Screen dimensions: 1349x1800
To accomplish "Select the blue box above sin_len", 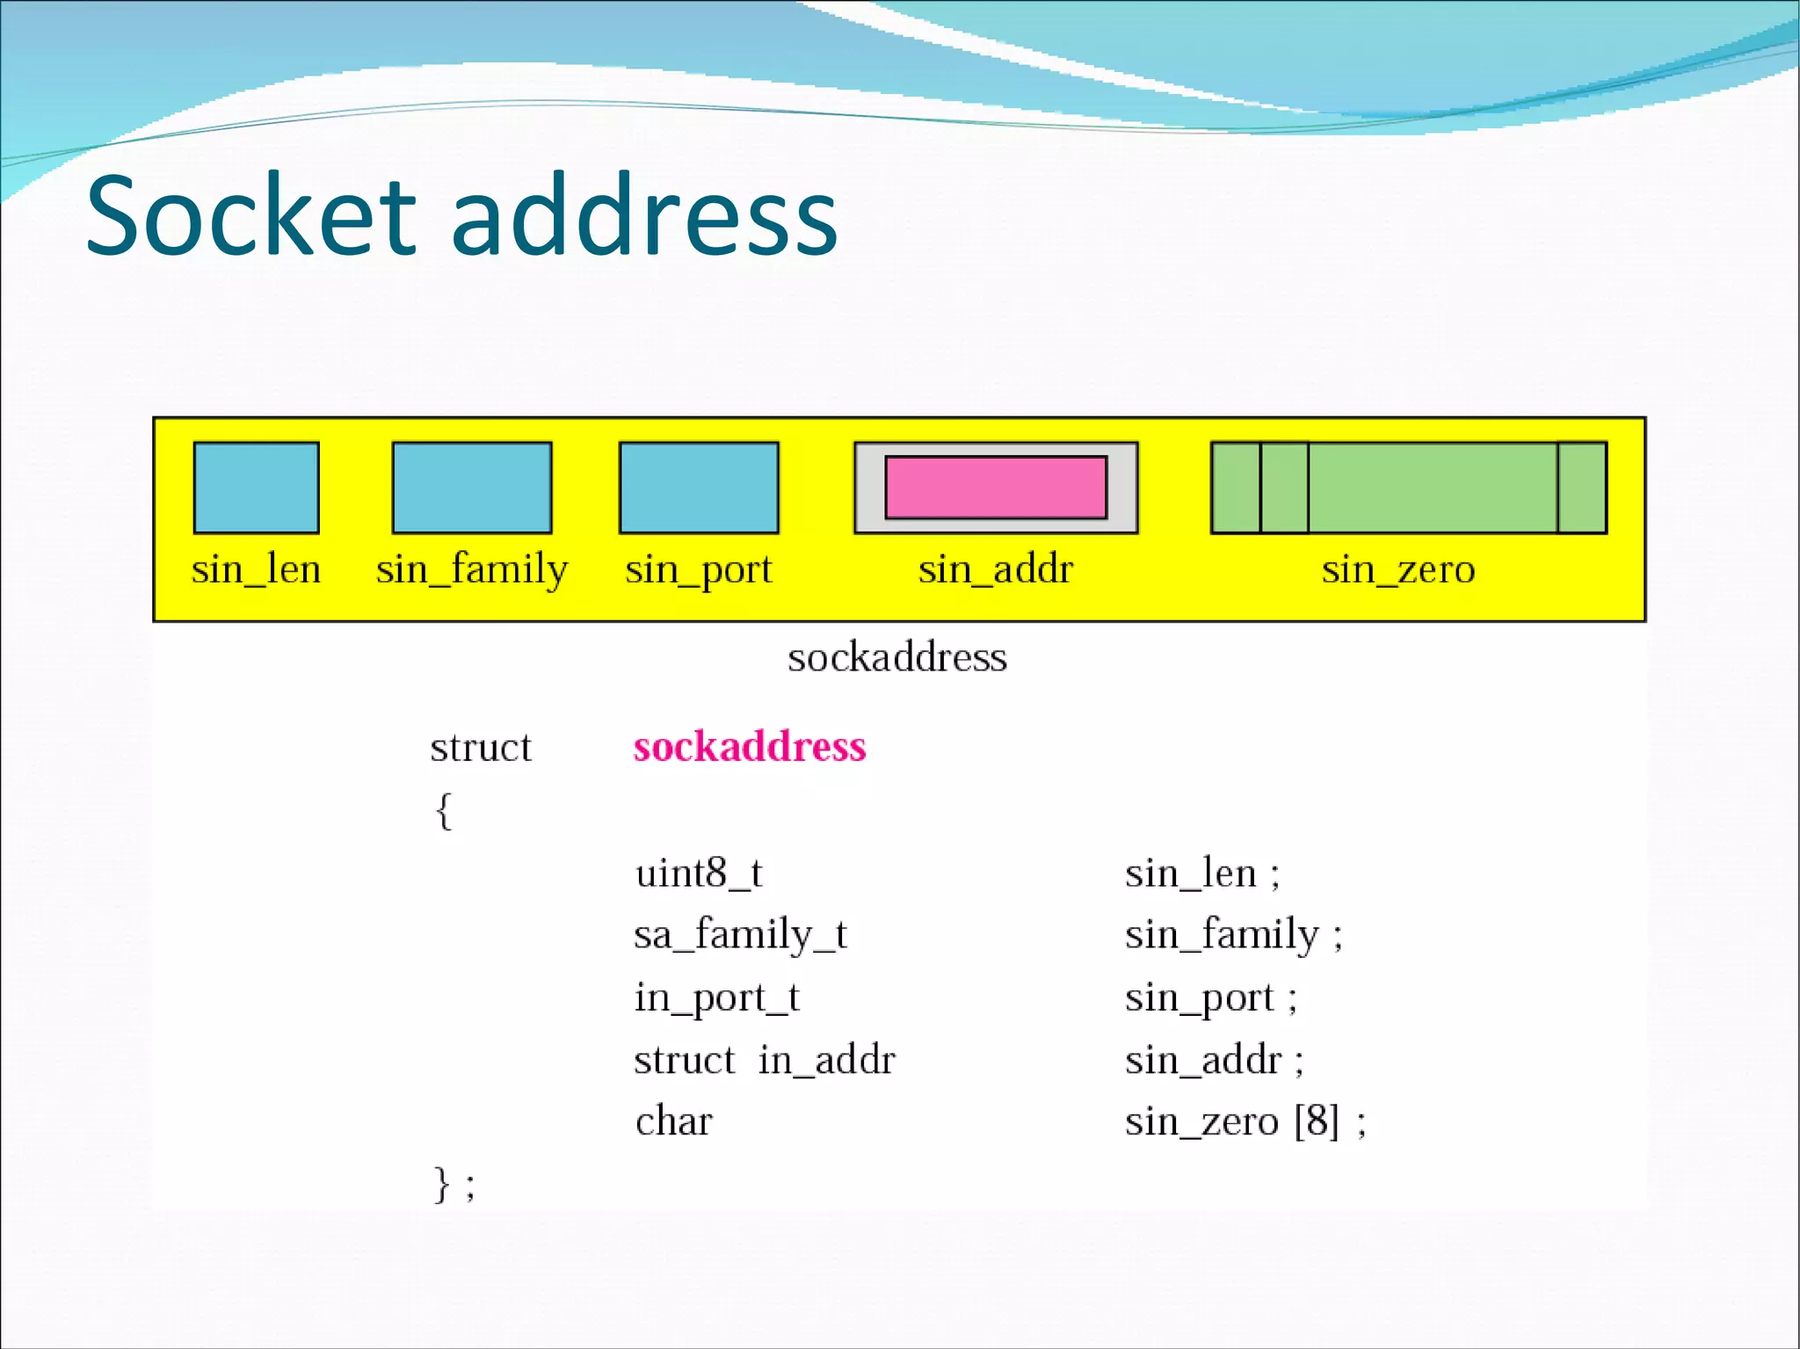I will (x=256, y=488).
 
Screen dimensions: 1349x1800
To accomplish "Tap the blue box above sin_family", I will (x=472, y=488).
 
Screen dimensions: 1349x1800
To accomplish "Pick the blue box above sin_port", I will (x=699, y=488).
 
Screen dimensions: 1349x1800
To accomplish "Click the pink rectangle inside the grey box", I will (x=996, y=487).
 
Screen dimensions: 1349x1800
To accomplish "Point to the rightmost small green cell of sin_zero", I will (x=1582, y=488).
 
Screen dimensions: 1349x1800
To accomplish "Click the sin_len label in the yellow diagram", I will (x=256, y=569).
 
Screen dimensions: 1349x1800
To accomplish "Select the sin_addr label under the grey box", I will (x=996, y=569).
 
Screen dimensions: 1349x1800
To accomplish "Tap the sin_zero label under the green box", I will (x=1397, y=569).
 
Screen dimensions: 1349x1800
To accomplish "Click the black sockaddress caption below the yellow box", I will (x=896, y=657).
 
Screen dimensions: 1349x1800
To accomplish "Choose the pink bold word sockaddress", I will (x=750, y=746).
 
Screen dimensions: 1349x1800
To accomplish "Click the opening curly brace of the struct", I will (x=444, y=810).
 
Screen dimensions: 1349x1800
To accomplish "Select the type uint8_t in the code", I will (x=699, y=873).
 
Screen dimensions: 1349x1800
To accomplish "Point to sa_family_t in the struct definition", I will (x=740, y=933).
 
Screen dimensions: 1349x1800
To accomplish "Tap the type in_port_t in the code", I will (x=717, y=997).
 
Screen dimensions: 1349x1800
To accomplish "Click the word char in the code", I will (x=673, y=1121).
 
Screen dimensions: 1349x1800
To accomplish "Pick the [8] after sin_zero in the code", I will (x=1317, y=1121).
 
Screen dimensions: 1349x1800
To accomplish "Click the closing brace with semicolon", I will (x=453, y=1185).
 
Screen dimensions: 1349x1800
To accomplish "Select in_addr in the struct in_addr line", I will (x=826, y=1060).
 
